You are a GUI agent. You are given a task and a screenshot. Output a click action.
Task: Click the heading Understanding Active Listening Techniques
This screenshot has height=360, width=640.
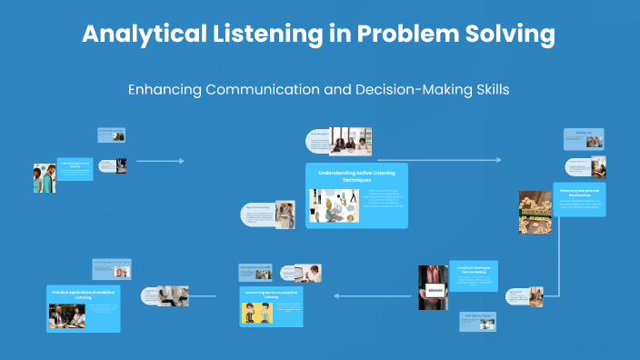[x=356, y=175]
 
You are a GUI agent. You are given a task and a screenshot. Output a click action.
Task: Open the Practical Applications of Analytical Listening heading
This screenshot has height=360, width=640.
[x=83, y=294]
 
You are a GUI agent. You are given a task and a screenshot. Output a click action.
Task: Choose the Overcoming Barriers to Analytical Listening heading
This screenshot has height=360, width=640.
[x=271, y=294]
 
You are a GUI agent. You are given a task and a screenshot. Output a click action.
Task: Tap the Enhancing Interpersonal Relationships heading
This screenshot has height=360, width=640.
[x=579, y=192]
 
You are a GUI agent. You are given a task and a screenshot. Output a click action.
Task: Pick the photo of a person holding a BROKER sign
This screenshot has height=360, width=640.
[x=433, y=288]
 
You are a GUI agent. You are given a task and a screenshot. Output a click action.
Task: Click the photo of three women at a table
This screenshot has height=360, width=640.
[x=350, y=141]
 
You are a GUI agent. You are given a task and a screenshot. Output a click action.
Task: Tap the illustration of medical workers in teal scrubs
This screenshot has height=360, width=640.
[x=44, y=178]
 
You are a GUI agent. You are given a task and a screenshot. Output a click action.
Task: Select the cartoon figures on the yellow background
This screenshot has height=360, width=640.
[x=257, y=313]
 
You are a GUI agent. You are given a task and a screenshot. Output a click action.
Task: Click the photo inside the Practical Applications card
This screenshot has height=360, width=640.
[x=67, y=315]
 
